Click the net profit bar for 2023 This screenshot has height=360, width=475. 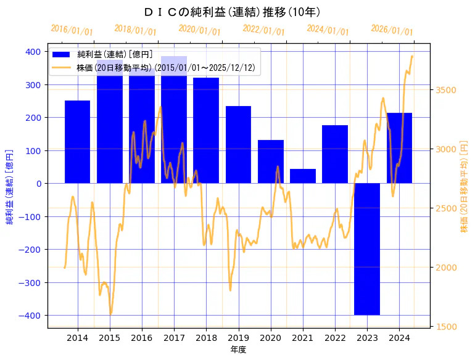(367, 249)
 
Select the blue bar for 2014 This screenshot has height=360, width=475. (78, 142)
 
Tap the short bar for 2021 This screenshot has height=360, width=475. (303, 176)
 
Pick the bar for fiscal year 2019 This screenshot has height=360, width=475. (238, 145)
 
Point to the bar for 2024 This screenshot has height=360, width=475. (399, 148)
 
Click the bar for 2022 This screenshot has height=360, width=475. (335, 154)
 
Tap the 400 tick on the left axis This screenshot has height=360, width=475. (35, 52)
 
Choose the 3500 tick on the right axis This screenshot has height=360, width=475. (445, 90)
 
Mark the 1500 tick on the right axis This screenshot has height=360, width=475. (445, 327)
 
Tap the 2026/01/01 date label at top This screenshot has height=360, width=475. (392, 30)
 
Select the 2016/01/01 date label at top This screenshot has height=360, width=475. (72, 30)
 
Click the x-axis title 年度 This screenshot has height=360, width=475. (238, 350)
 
